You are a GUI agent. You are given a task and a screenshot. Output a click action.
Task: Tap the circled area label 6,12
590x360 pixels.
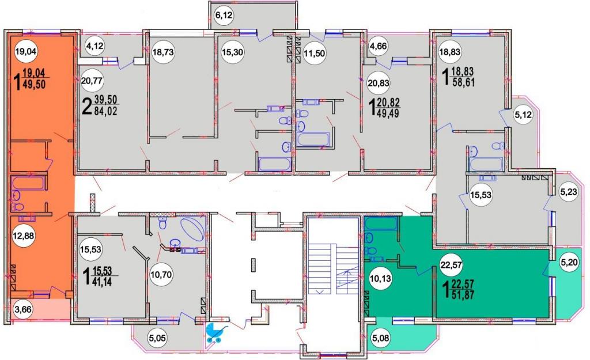224,16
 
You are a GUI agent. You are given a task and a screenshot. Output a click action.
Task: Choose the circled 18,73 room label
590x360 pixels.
163,52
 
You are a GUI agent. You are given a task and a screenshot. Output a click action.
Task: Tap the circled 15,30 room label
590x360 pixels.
232,52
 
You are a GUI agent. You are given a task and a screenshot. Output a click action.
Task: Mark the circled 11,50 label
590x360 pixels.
314,53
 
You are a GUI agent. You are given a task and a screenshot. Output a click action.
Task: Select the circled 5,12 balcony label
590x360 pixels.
523,115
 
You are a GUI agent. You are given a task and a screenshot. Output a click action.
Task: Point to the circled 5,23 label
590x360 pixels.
568,191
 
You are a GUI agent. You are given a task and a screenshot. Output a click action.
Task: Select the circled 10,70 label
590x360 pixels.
161,275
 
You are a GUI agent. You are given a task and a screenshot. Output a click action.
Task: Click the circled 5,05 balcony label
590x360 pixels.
157,338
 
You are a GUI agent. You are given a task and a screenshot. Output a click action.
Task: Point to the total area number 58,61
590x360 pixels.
464,82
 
